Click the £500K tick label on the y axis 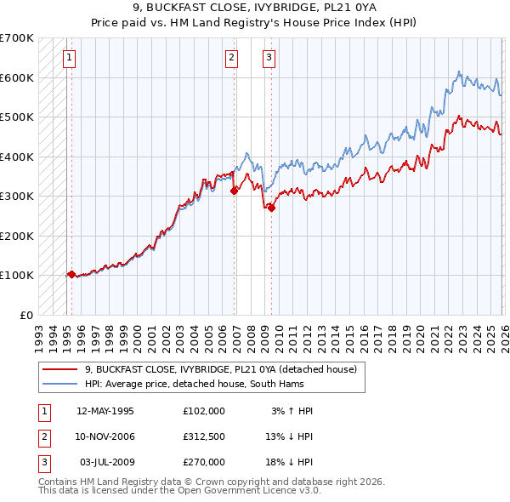pos(17,117)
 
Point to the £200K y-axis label pos(17,236)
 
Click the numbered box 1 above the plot pos(69,58)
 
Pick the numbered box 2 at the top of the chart pos(231,58)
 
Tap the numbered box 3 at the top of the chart pos(269,58)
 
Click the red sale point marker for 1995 pos(71,275)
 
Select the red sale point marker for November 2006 pos(234,191)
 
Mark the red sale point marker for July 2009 pos(271,208)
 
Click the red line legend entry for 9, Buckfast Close pos(225,369)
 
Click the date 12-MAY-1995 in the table pos(105,411)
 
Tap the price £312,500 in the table pos(204,436)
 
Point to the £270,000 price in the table pos(204,462)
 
